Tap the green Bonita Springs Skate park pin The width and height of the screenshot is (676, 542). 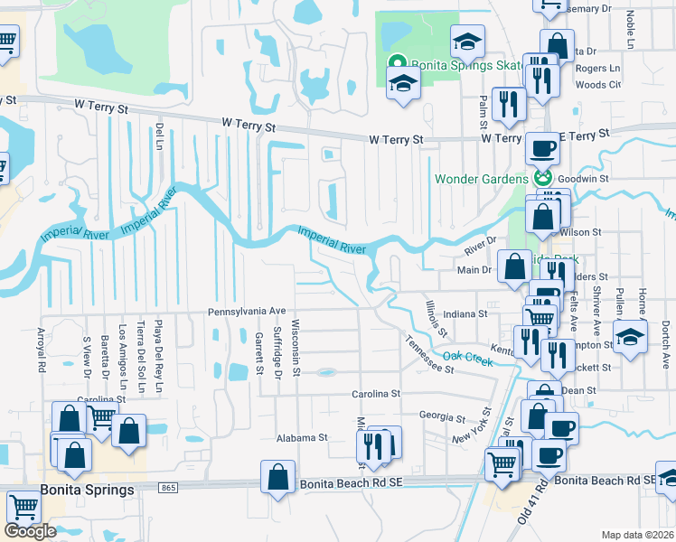395,63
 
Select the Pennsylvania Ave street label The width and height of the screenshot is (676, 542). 246,310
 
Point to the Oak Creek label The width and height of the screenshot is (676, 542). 467,358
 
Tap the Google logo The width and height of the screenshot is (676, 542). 30,531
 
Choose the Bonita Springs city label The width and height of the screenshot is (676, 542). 88,489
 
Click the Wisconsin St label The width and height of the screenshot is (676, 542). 296,347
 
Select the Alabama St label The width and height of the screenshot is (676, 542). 302,437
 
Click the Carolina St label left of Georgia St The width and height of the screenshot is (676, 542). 376,395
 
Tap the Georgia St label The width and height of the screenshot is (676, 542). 441,417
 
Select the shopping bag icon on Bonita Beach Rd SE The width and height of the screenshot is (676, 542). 278,478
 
